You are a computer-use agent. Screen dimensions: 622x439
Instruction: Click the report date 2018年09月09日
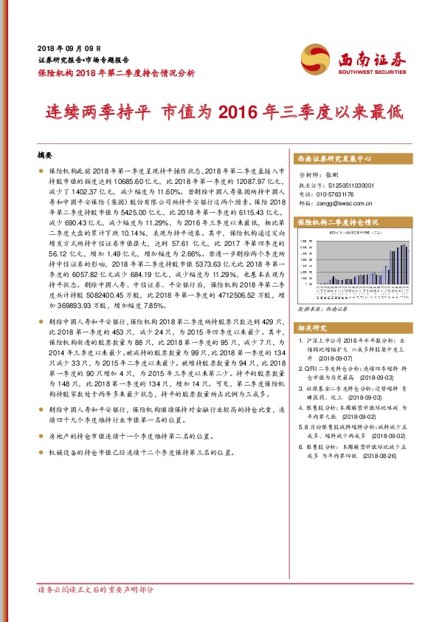point(69,47)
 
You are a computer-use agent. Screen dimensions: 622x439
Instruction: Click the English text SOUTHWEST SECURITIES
point(372,72)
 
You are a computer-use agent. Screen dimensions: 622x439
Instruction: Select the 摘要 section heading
point(46,156)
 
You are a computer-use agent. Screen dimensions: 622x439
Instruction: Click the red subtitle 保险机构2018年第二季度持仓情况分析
point(116,72)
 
